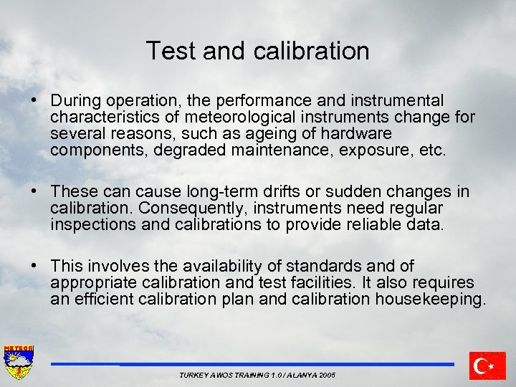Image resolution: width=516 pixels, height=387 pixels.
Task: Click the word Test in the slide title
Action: pyautogui.click(x=168, y=51)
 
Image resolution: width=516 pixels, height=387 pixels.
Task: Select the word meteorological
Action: pyautogui.click(x=236, y=117)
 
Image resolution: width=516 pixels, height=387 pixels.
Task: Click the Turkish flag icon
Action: pyautogui.click(x=487, y=365)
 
